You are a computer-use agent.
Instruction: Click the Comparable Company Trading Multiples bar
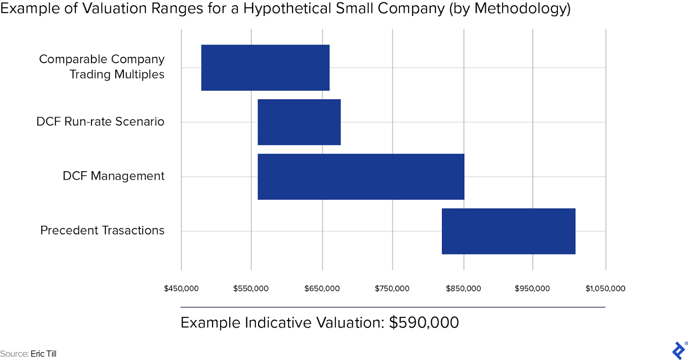265,68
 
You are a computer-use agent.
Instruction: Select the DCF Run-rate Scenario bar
299,122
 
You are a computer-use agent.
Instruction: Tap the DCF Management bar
361,177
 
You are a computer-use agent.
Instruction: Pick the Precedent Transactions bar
508,231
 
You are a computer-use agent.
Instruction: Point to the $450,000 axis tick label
181,289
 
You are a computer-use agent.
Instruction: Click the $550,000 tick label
251,289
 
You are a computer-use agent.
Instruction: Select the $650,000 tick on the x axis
322,289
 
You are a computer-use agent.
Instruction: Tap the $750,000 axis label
392,289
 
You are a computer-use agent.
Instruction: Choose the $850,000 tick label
463,289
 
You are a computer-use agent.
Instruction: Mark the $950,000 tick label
532,289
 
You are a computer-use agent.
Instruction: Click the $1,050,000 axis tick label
605,289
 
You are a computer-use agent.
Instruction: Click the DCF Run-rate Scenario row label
100,122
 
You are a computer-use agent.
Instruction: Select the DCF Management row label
114,176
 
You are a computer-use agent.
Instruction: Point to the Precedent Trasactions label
102,231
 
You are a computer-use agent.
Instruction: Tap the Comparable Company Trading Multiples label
102,67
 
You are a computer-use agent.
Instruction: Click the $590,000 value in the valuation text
424,323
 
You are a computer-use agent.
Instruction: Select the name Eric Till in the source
43,354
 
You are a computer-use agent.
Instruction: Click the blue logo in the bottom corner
679,350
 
